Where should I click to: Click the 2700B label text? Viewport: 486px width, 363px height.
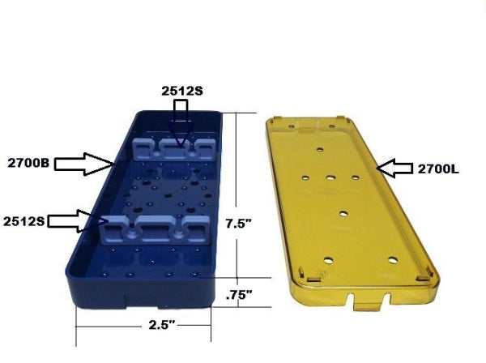point(28,163)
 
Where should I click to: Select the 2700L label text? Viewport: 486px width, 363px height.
point(438,169)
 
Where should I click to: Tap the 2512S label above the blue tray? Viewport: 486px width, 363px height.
point(182,91)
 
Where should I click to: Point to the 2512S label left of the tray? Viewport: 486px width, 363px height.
point(24,221)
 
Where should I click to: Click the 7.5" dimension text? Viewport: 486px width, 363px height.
point(238,224)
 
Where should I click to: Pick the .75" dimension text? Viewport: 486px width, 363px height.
point(239,295)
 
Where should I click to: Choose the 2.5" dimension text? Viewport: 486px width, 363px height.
point(162,325)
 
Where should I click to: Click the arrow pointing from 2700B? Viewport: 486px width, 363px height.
point(83,164)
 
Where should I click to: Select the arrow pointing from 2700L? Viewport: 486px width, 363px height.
point(394,169)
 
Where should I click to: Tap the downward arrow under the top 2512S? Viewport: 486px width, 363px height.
point(181,123)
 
